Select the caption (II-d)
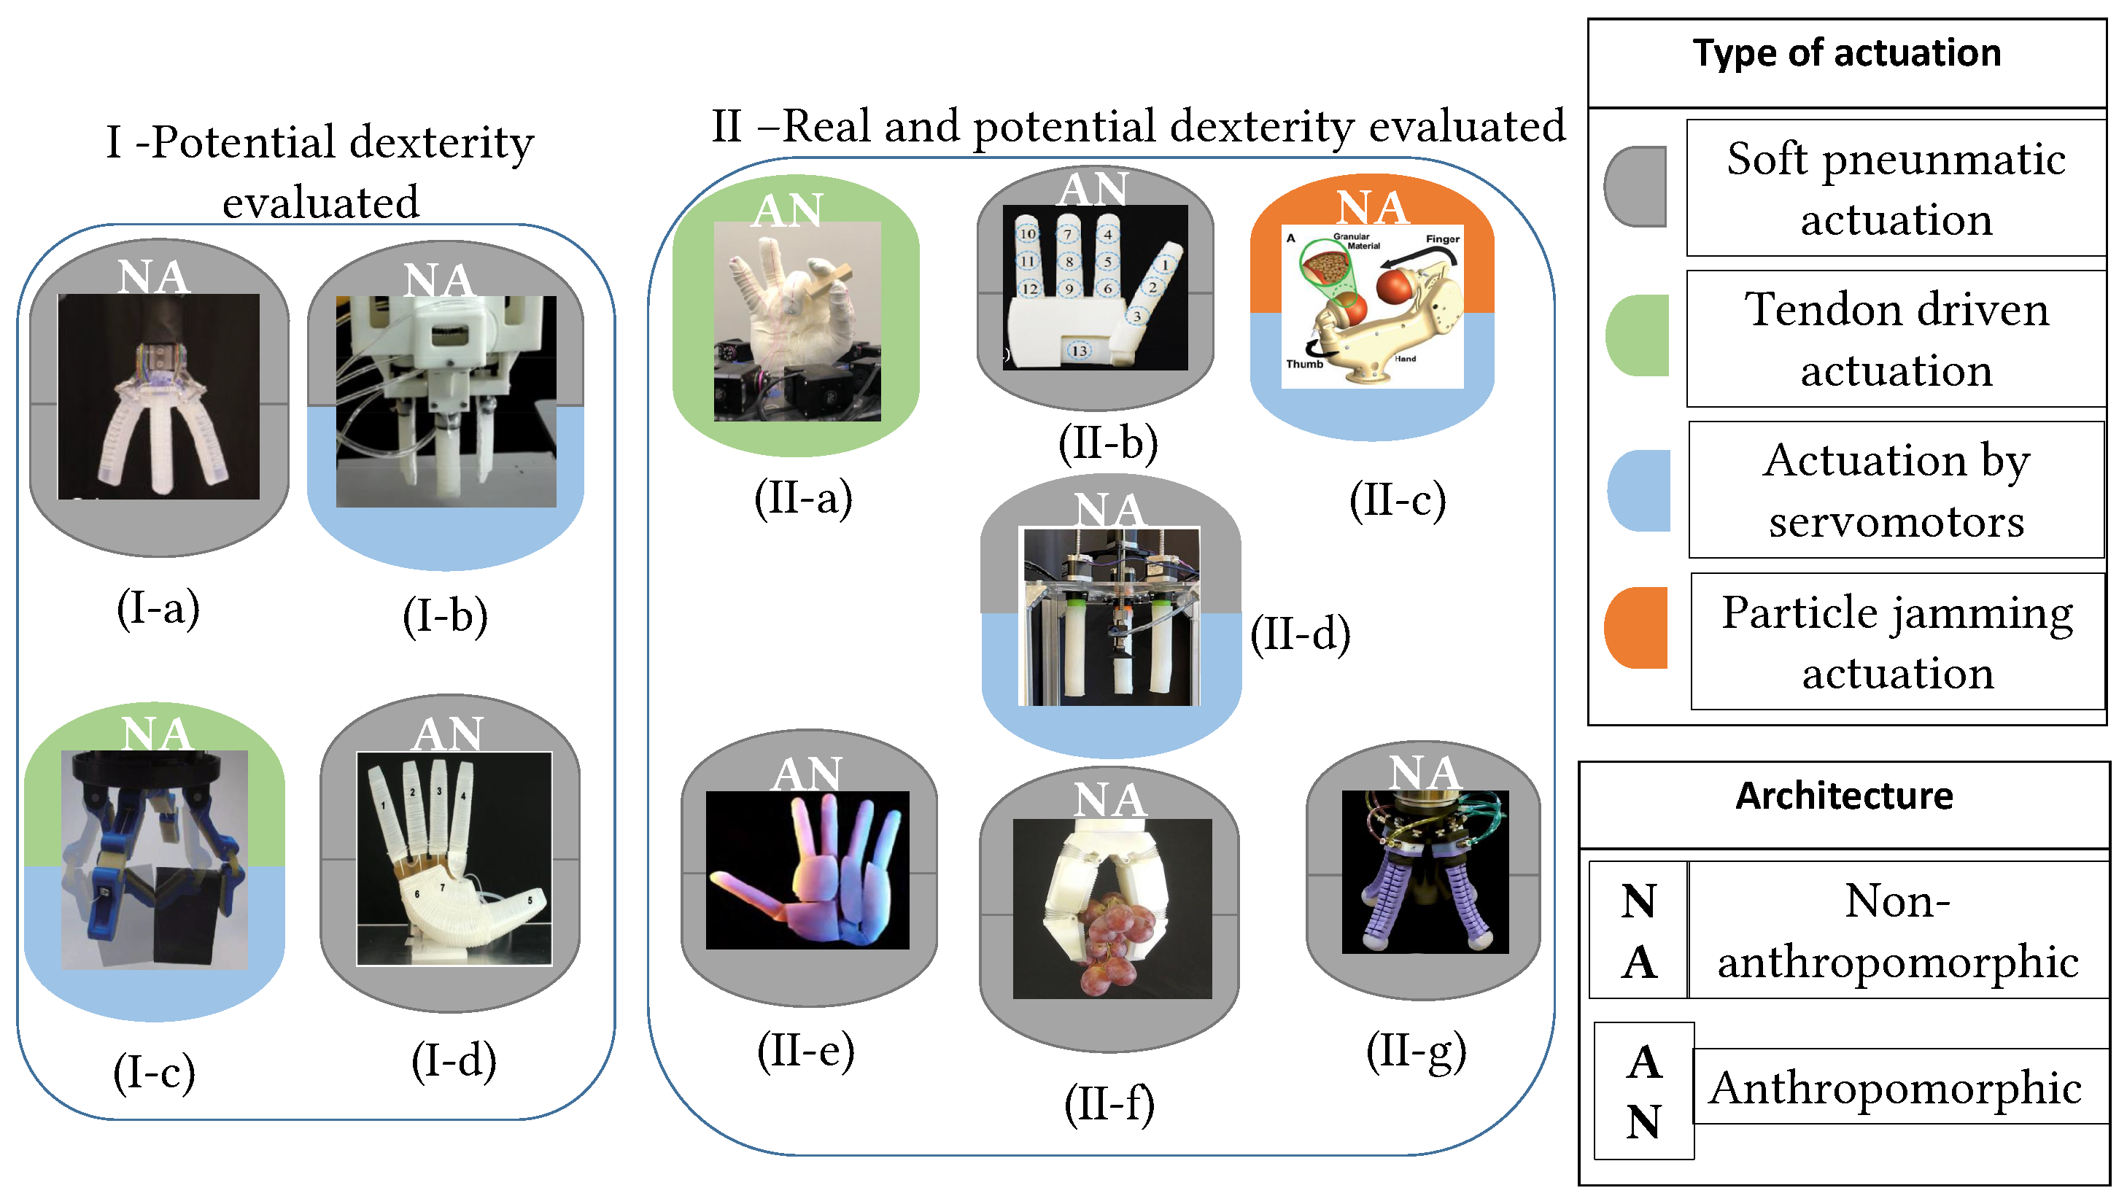coord(1300,634)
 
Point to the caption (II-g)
coord(1416,1051)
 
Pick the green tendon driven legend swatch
coord(1638,335)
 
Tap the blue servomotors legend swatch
coord(1639,490)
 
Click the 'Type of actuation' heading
coord(1846,54)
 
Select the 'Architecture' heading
coord(1843,796)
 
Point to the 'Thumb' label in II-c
coord(1304,364)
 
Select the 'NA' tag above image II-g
coord(1424,772)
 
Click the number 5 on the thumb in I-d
coord(530,901)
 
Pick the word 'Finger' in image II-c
coord(1442,239)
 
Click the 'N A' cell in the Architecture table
coord(1638,931)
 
